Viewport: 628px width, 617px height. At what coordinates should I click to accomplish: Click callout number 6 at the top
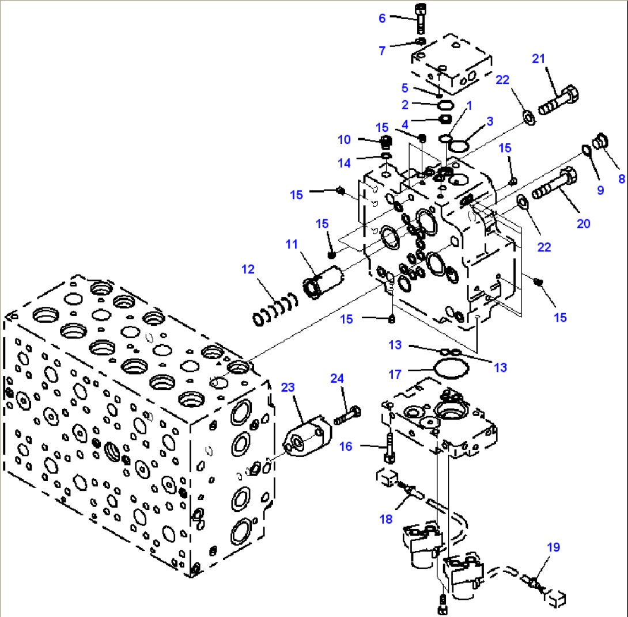pos(382,18)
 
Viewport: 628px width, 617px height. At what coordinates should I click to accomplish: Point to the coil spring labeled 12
pos(275,309)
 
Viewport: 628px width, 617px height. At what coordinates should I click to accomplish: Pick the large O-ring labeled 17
pos(449,369)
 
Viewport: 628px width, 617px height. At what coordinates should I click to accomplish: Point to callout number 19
pos(553,547)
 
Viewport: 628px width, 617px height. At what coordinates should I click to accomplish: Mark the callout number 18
pos(385,519)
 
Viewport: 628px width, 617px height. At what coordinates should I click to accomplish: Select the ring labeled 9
pos(585,151)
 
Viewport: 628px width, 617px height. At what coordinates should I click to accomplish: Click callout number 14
pos(344,163)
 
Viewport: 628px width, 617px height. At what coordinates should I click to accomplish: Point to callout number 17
pos(395,374)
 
